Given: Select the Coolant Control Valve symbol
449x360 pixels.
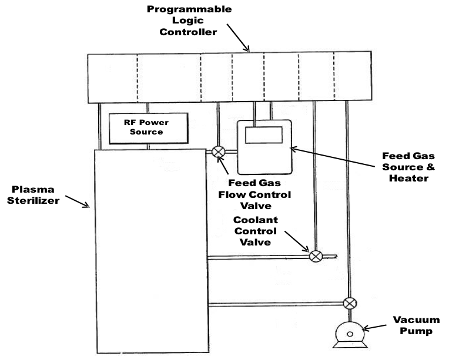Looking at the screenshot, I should [x=315, y=256].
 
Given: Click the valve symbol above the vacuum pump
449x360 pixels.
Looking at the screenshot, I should [x=350, y=304].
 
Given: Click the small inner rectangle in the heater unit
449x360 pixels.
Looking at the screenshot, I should [x=263, y=136].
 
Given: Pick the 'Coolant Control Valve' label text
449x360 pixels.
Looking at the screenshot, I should [x=255, y=230].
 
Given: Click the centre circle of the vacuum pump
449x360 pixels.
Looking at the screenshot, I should [x=350, y=334].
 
